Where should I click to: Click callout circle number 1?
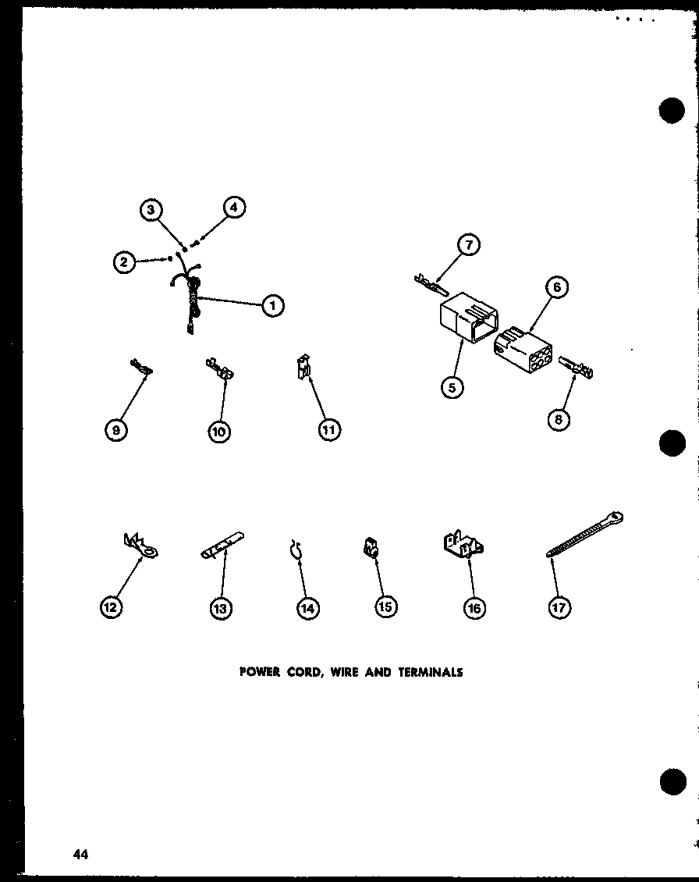272,305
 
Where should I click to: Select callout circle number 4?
233,207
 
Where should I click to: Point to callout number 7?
467,245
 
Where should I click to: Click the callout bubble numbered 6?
557,287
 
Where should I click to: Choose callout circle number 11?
330,429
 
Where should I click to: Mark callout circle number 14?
308,608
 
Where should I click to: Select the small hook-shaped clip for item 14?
294,549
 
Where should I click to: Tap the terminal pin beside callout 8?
578,365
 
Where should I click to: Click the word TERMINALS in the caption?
431,672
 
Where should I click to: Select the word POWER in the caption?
260,672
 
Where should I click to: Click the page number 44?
80,854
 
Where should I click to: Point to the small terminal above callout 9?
142,366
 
